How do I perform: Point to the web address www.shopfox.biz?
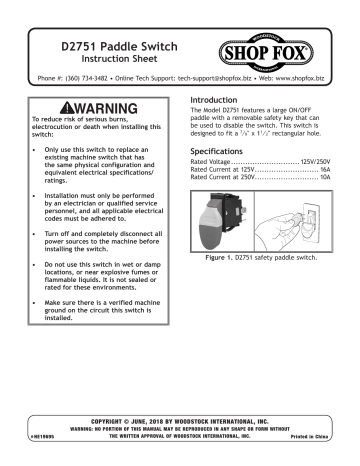tap(305, 87)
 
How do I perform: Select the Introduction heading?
tap(215, 103)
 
